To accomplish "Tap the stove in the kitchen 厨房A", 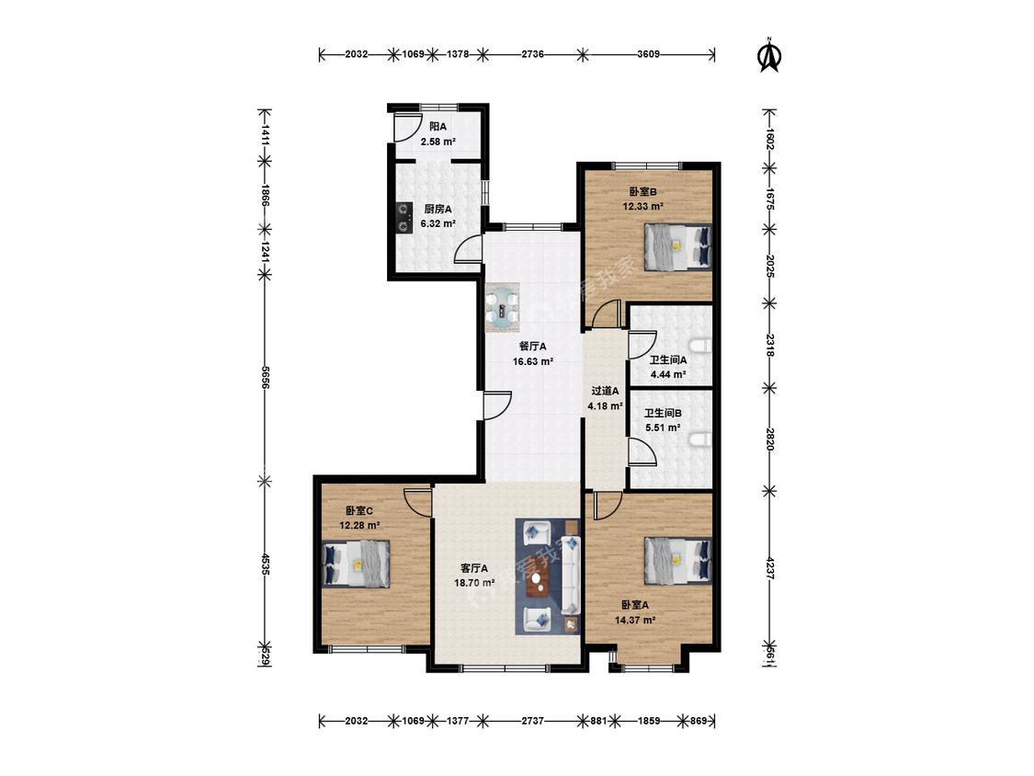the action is [402, 219].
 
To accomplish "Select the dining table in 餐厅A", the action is [503, 308].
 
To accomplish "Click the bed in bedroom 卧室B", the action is [678, 246].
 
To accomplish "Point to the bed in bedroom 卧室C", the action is [357, 564].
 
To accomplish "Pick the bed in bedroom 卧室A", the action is [678, 560].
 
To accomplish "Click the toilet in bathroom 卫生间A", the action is [701, 346].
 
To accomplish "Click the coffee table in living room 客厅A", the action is [540, 581].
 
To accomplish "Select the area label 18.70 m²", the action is [474, 583].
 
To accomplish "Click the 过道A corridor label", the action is [605, 391].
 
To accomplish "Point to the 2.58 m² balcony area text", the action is [437, 142].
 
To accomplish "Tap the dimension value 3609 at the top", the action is [648, 54].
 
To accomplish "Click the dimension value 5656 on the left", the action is [265, 378].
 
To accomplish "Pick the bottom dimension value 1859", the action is [649, 721].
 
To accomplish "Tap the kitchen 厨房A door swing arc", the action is [467, 249].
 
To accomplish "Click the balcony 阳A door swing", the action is [408, 128].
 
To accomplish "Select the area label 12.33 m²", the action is [642, 206].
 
